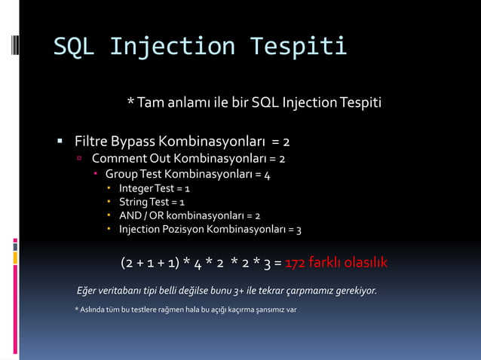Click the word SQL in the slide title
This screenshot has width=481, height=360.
73,47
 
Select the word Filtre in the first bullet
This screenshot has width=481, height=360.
90,142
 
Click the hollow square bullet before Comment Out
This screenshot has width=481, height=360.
80,159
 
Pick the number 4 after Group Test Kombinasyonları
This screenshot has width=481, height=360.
267,174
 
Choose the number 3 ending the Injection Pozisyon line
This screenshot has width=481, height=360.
299,229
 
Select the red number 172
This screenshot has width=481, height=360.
296,263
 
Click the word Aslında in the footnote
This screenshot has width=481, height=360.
94,310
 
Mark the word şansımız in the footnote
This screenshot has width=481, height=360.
255,310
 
